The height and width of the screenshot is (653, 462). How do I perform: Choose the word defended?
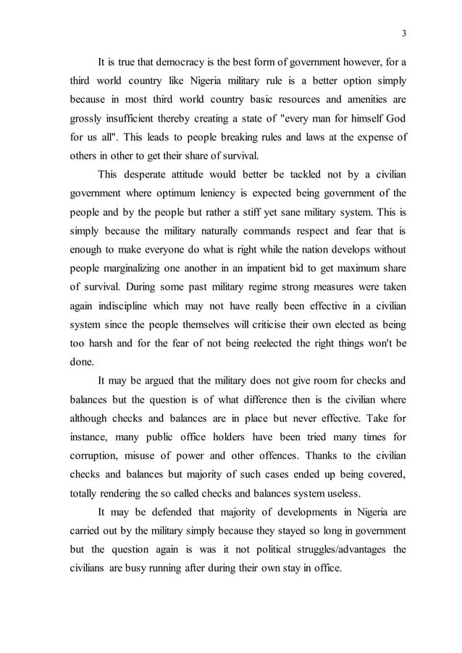169,513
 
